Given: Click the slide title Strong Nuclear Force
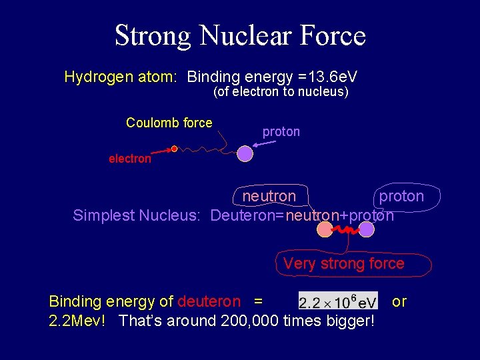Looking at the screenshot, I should [240, 35].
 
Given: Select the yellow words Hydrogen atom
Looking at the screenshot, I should [120, 77].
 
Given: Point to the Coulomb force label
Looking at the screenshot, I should [169, 123].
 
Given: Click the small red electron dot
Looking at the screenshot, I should [174, 149].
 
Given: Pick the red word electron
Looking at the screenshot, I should [130, 159].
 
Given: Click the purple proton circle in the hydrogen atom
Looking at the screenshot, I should [245, 154].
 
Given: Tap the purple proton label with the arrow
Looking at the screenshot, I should [281, 132].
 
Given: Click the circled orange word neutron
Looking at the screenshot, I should [268, 196].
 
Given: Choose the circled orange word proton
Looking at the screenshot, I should [401, 196].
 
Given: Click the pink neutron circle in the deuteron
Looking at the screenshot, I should [325, 229].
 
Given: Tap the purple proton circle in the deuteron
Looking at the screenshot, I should [366, 229].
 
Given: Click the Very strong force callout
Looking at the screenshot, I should [343, 264].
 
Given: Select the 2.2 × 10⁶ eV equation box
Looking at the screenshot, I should [338, 301].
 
